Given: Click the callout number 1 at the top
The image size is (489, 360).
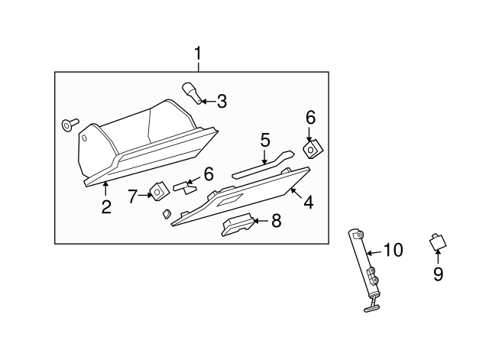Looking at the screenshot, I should point(198,55).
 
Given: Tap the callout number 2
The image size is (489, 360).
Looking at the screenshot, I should point(106,206).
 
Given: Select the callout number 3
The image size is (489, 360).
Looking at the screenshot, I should point(222,101).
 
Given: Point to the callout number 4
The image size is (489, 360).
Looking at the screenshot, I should point(308,203).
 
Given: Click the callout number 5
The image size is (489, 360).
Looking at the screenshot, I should point(265,140).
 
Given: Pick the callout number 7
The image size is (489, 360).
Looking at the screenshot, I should point(132,196).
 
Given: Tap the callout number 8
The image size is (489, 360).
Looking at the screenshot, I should point(276,222).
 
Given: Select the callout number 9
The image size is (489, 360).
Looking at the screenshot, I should point(438,274).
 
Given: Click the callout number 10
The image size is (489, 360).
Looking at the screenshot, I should point(393,249).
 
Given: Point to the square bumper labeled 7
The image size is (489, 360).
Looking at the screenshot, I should point(160,190).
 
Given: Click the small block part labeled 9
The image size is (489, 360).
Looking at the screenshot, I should point(436,243).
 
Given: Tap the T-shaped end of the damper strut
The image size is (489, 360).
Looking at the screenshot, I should point(370,306).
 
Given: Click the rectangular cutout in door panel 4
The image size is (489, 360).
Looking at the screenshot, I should point(229,200).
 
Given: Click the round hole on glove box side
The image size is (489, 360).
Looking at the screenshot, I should point(86,139).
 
